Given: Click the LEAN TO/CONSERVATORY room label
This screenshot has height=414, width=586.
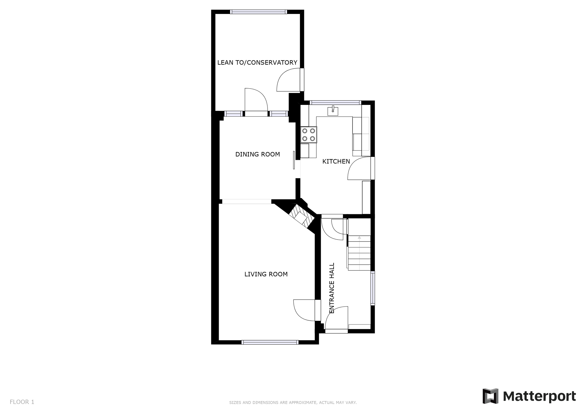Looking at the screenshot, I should pyautogui.click(x=257, y=62).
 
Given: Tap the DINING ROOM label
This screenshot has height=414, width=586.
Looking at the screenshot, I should pyautogui.click(x=258, y=154).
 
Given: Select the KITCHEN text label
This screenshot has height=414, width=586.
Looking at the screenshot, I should pyautogui.click(x=336, y=162).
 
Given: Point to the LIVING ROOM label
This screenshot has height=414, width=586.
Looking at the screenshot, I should pyautogui.click(x=266, y=274).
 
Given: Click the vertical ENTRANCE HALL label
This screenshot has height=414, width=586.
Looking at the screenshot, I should pyautogui.click(x=332, y=288).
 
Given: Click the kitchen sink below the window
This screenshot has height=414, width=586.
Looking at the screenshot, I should pyautogui.click(x=333, y=111).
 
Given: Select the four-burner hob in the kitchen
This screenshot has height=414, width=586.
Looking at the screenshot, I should pyautogui.click(x=309, y=135).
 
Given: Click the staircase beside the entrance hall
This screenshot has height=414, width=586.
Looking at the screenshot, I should pyautogui.click(x=359, y=253).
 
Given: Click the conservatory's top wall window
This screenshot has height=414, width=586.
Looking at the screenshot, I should pyautogui.click(x=258, y=12).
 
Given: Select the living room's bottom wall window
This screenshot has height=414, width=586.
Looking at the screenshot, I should pyautogui.click(x=270, y=342).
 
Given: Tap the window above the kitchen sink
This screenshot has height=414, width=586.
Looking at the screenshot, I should pyautogui.click(x=335, y=102).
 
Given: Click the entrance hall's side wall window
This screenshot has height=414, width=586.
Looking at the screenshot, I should pyautogui.click(x=373, y=288).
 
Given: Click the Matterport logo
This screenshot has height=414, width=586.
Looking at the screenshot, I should pyautogui.click(x=529, y=396).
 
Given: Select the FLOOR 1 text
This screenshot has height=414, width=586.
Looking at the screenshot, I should pyautogui.click(x=22, y=402).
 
